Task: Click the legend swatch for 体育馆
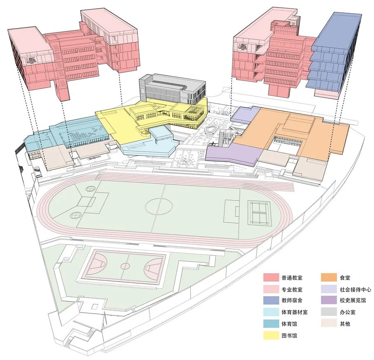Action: tap(272, 324)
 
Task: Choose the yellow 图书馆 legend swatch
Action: tap(272, 335)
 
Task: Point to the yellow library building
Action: tap(136, 118)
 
